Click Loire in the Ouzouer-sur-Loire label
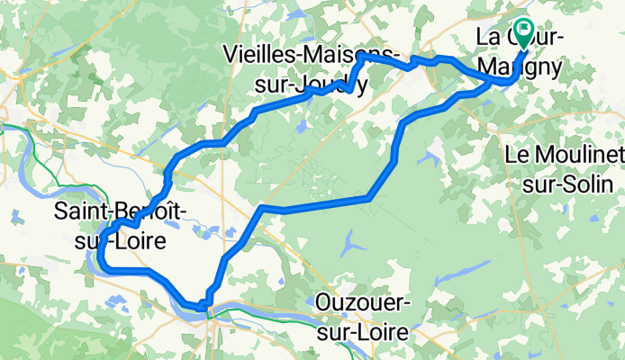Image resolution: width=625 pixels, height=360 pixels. pos(385,330)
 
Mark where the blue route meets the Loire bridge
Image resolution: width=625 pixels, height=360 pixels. pos(206,304)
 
